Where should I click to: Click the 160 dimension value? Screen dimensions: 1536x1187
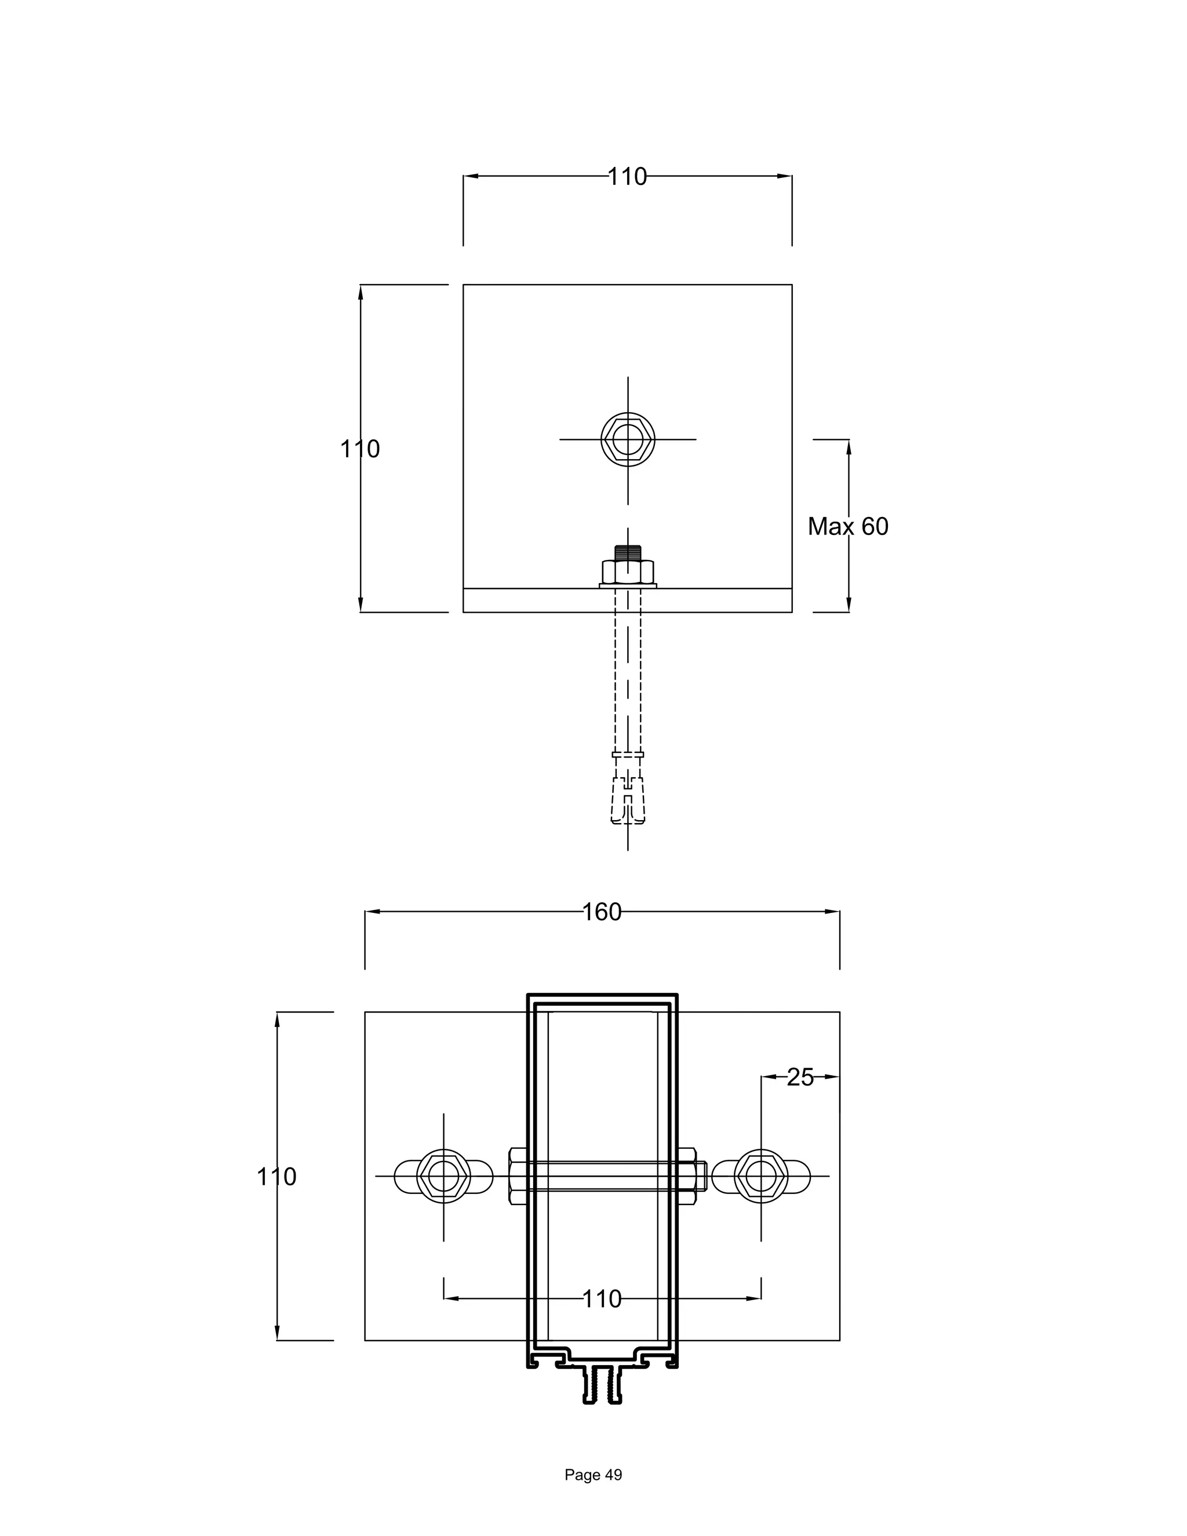(x=602, y=912)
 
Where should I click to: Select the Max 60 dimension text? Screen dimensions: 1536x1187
(x=847, y=526)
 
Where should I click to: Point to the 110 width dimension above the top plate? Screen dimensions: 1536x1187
(x=627, y=177)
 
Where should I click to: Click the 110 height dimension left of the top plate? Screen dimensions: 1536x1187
(x=359, y=449)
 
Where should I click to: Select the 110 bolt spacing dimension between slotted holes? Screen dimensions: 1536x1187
(x=602, y=1299)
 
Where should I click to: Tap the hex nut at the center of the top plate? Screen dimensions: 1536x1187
(x=627, y=439)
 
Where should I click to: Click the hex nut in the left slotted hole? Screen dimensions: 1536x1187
(x=444, y=1175)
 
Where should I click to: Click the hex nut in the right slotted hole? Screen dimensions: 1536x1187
(x=761, y=1175)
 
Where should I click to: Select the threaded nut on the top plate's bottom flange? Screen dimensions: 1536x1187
(x=628, y=572)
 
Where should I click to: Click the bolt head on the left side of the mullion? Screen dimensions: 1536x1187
(x=517, y=1175)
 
